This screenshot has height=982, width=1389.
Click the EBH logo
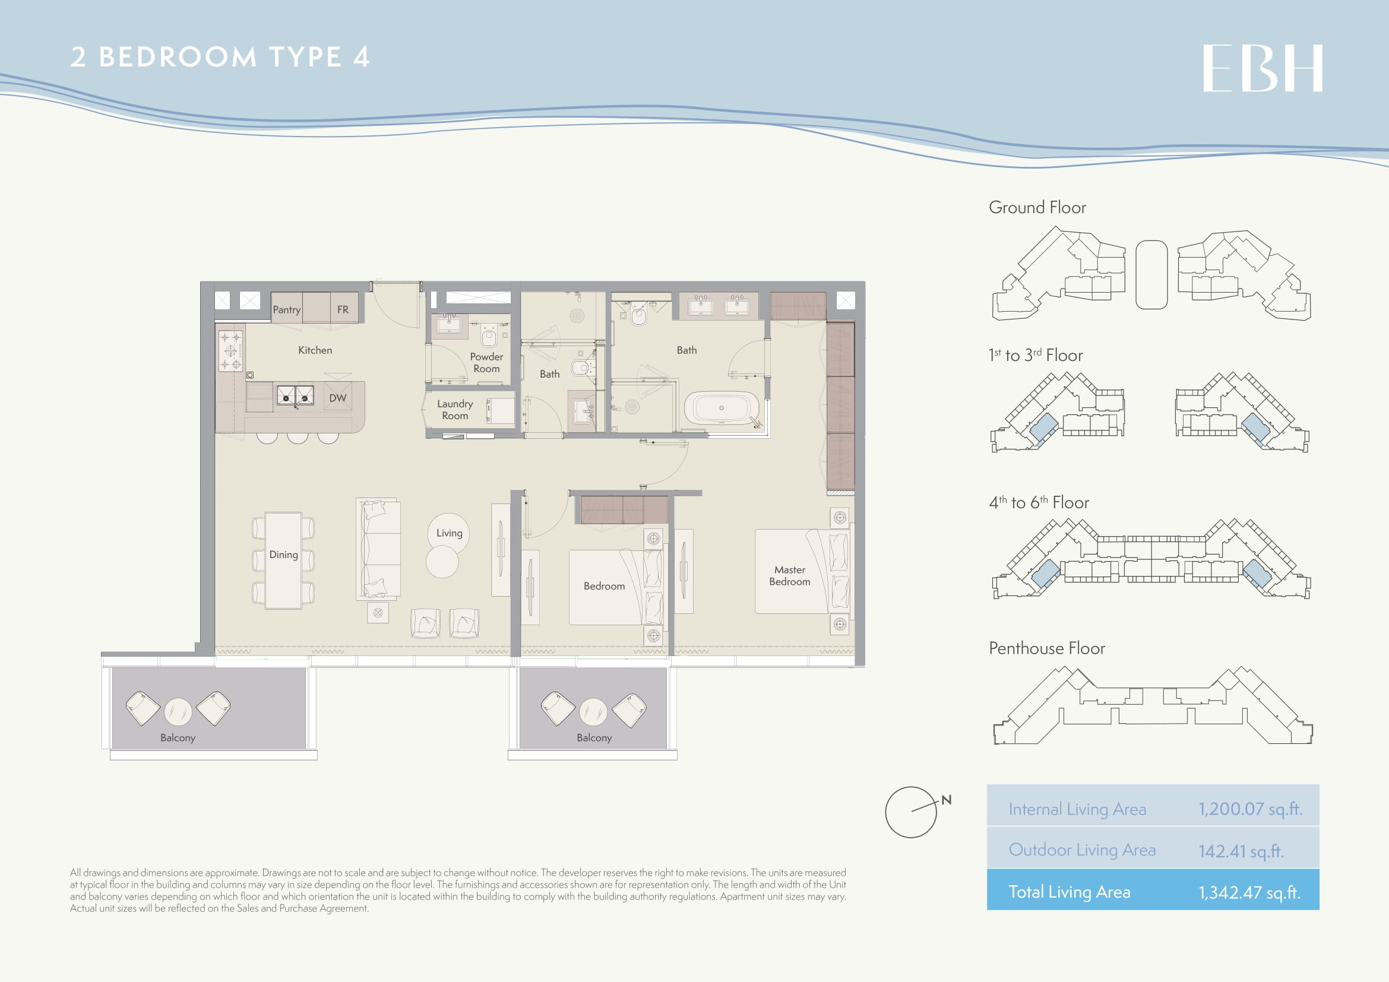pos(1263,68)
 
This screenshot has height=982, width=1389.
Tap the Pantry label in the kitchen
pos(287,309)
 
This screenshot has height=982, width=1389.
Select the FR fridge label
pos(343,309)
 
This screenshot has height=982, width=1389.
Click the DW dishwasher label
pos(337,398)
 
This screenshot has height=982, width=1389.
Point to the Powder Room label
pos(486,362)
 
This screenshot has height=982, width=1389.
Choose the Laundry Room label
pos(455,410)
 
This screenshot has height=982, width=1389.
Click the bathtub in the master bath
pos(722,408)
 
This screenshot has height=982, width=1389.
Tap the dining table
pos(283,560)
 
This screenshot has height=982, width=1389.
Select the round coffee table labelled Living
pos(448,533)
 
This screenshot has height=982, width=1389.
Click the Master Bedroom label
pos(789,576)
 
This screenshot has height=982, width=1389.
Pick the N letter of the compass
pos(947,800)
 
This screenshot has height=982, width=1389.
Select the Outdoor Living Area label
pos(1083,850)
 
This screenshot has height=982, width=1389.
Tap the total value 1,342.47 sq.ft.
pos(1250,892)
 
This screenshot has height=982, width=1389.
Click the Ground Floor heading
pos(1037,207)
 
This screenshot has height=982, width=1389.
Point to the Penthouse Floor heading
pos(1047,648)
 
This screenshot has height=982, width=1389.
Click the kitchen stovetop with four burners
pos(230,350)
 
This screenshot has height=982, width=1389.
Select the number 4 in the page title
pos(361,57)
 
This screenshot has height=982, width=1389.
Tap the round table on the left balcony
pos(178,712)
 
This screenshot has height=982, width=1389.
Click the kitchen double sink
pos(295,395)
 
